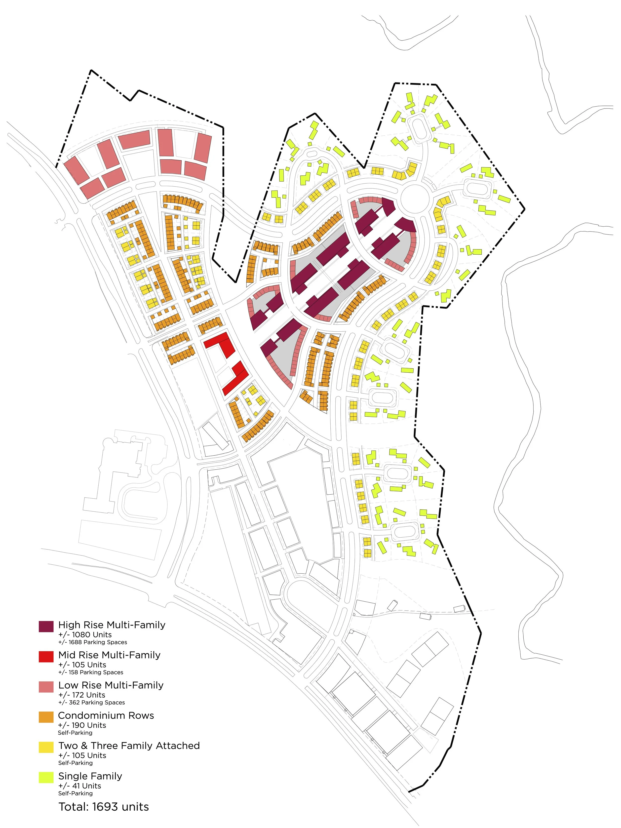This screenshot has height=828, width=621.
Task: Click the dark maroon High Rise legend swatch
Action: (x=46, y=626)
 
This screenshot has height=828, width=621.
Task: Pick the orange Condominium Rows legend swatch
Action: (x=46, y=717)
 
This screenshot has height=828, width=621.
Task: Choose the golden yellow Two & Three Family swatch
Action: (x=46, y=747)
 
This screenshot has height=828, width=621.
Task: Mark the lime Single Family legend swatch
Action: (x=46, y=778)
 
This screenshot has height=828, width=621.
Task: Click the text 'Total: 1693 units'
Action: (x=104, y=807)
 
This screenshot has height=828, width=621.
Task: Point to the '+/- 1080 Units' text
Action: (x=85, y=634)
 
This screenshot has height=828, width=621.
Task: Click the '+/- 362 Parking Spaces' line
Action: (x=91, y=703)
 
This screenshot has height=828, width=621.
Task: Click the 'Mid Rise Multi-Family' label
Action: (x=109, y=655)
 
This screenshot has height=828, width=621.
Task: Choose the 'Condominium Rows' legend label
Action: (x=106, y=715)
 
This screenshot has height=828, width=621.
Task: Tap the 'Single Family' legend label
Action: (x=90, y=776)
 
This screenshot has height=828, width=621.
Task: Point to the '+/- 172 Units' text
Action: (x=82, y=695)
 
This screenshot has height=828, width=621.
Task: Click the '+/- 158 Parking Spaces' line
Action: (x=91, y=672)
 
